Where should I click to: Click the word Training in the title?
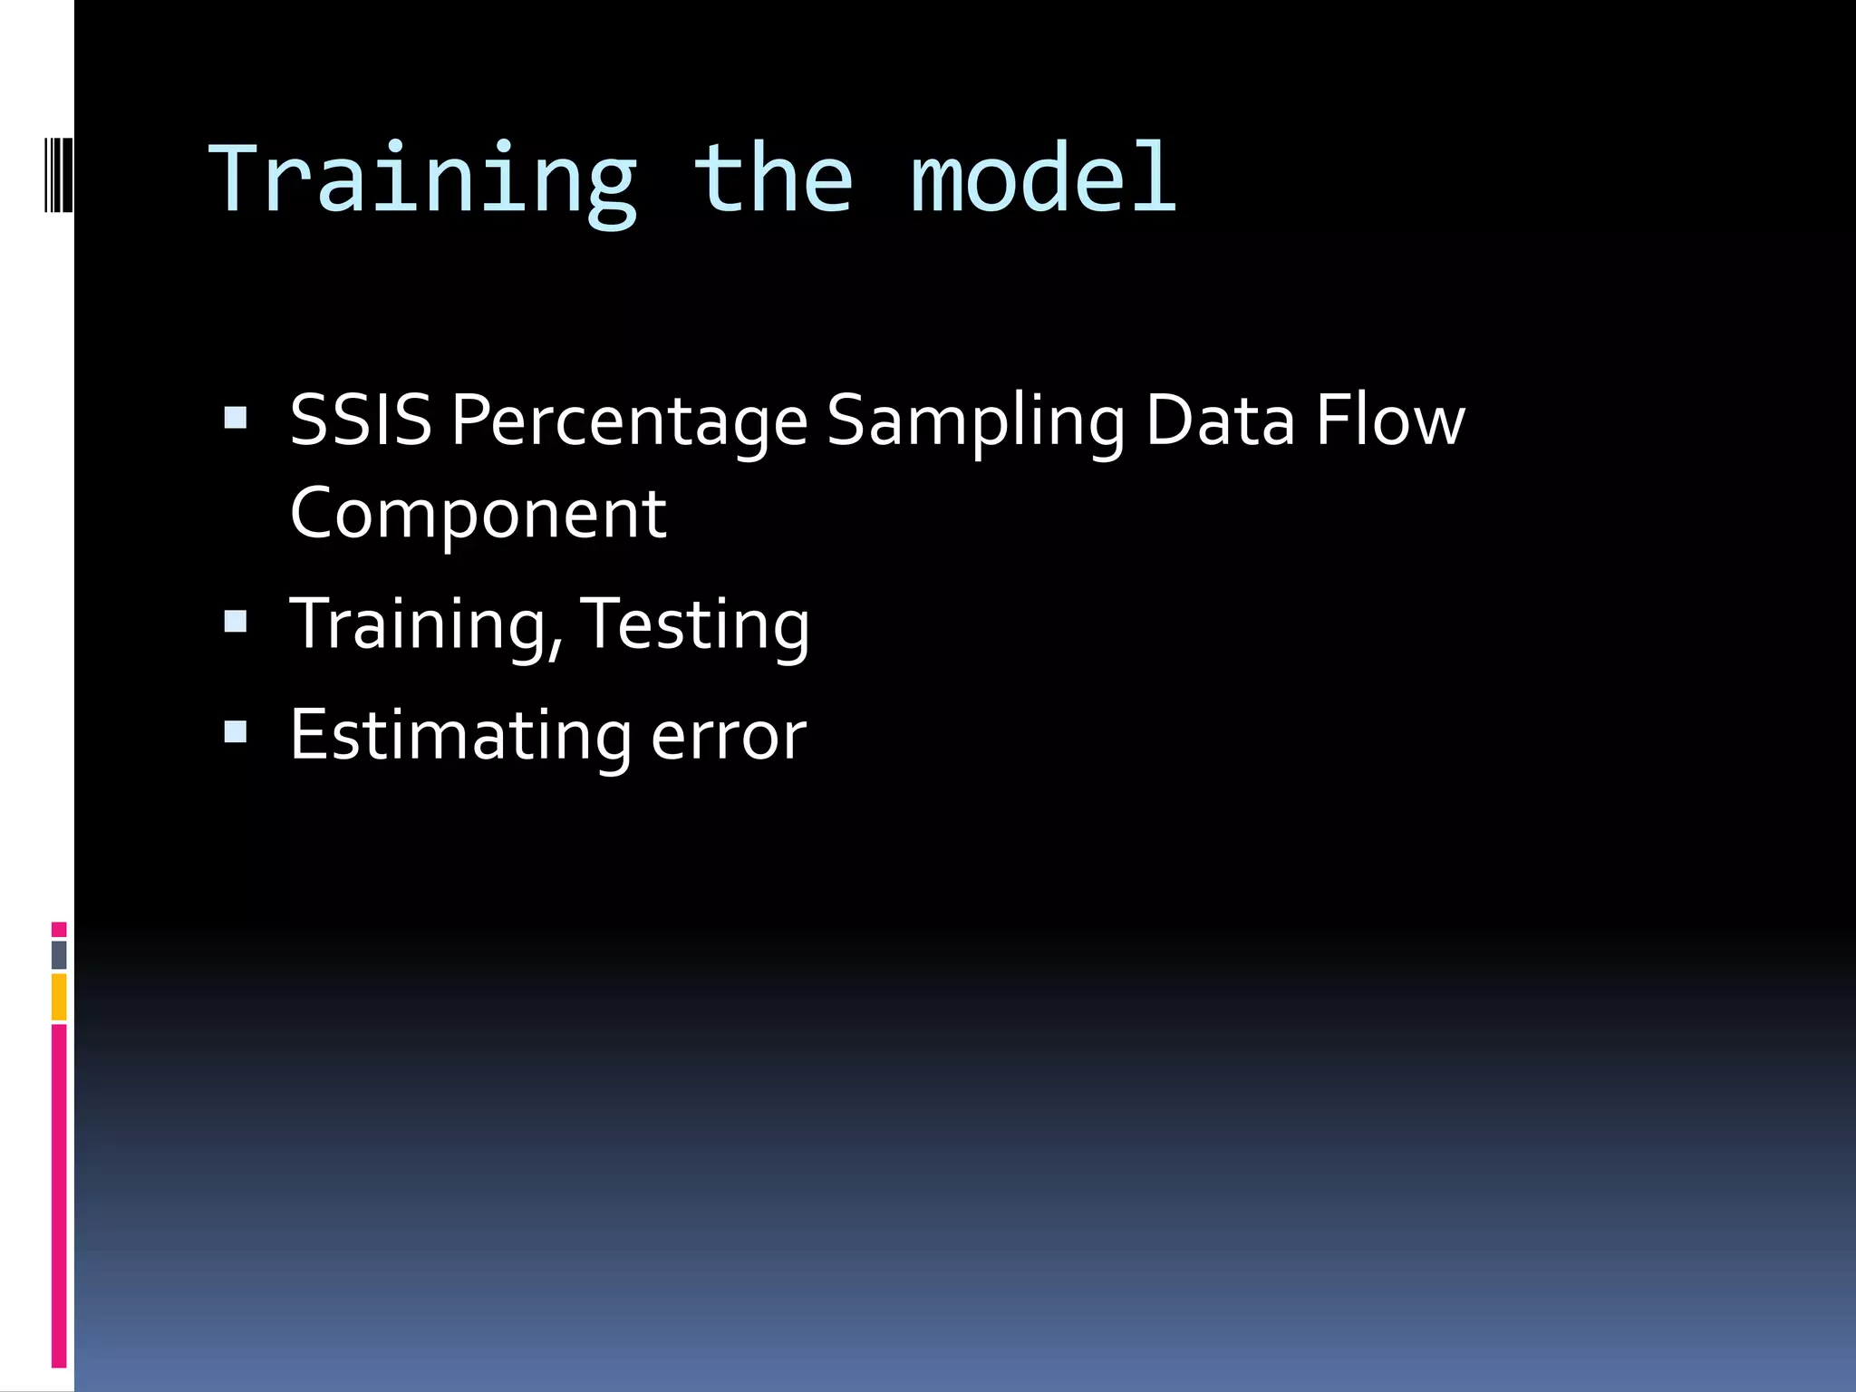pos(423,181)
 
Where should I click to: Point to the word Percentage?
pos(629,422)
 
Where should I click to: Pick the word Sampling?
pos(976,422)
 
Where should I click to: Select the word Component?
pos(478,515)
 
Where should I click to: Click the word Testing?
pos(694,625)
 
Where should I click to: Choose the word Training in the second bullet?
pos(426,625)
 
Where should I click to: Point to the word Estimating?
pos(460,735)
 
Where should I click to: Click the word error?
pos(729,737)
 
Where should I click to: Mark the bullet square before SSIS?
pos(236,418)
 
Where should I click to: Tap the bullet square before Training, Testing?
pos(236,621)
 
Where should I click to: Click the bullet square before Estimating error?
pos(236,731)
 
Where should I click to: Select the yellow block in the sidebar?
pos(59,997)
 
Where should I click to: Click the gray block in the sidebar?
pos(59,954)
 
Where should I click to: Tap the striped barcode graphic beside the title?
pos(59,174)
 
